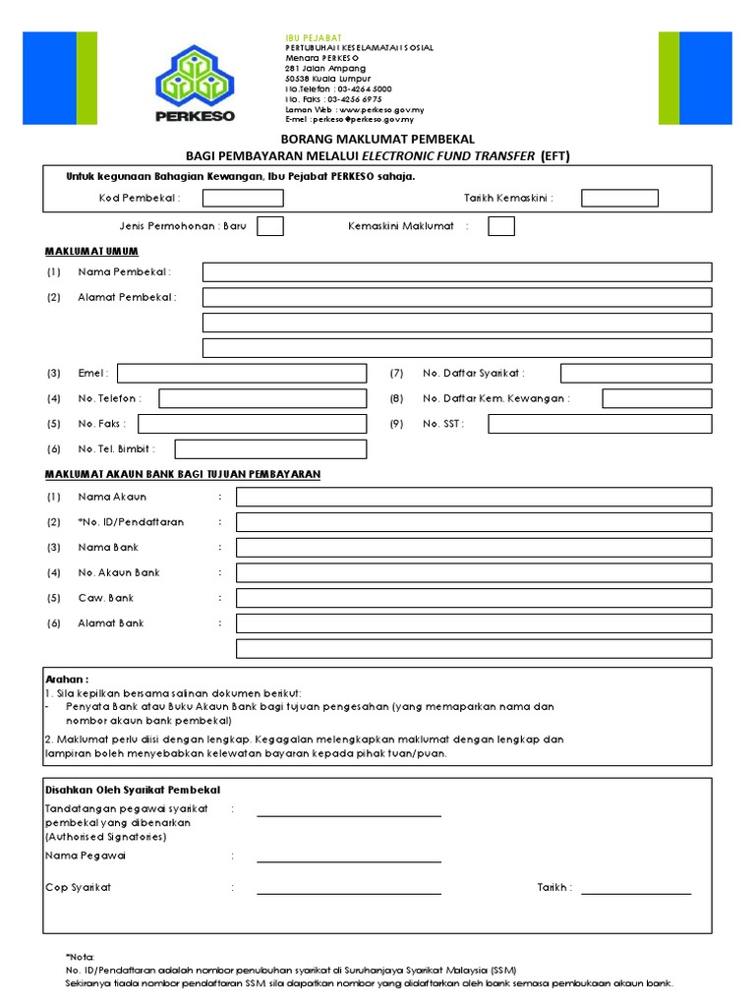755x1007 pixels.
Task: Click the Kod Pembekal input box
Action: coord(243,198)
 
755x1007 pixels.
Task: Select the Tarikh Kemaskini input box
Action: coord(619,198)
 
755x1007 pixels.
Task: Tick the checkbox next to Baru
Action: coord(270,226)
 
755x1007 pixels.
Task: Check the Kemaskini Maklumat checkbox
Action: coord(501,226)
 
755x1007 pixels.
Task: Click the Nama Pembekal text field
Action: coord(457,271)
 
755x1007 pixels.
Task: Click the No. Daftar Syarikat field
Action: coord(636,374)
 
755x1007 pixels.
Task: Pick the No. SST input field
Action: coord(600,424)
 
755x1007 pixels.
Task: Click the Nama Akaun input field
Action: coord(474,497)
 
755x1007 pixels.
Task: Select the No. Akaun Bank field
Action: coord(474,572)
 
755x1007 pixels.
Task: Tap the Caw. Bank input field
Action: coord(474,598)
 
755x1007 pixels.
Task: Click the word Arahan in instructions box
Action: coord(67,679)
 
